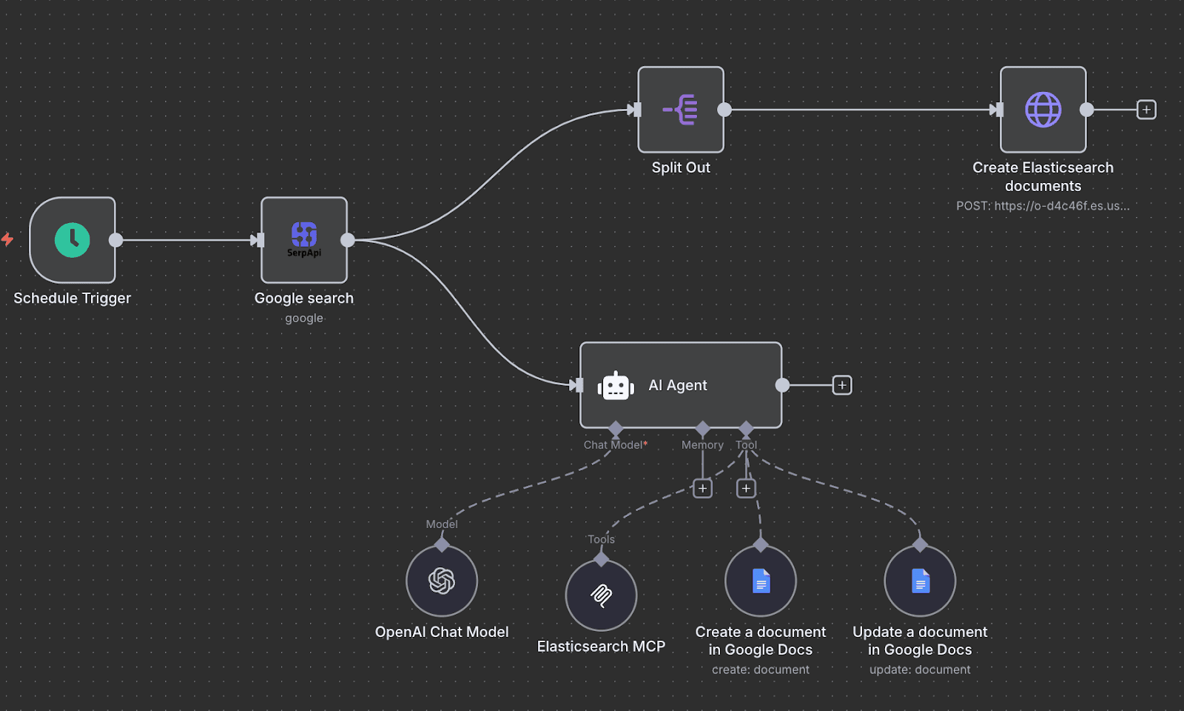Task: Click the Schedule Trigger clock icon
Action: point(73,240)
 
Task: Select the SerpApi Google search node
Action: point(304,239)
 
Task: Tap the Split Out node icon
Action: point(681,110)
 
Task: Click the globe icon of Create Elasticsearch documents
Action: point(1043,110)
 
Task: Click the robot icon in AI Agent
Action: point(616,386)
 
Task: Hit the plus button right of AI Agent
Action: point(842,385)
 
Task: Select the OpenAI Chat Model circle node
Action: point(442,581)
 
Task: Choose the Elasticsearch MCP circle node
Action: point(601,595)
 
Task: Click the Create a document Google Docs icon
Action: point(761,581)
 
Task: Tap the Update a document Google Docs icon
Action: point(920,581)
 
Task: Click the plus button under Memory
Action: point(702,488)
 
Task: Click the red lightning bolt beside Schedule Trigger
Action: point(7,239)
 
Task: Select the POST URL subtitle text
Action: point(1043,206)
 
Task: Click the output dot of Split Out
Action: point(724,110)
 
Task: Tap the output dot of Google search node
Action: point(348,240)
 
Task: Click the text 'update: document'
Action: point(920,670)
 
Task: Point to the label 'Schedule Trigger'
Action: point(73,298)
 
